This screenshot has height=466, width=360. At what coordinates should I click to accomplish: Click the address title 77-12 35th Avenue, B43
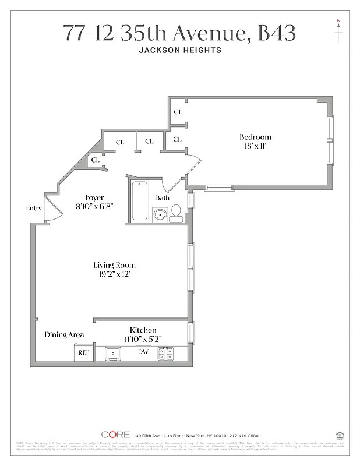[179, 34]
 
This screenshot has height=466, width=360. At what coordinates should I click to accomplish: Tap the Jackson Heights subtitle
[179, 51]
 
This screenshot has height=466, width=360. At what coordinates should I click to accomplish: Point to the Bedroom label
[255, 137]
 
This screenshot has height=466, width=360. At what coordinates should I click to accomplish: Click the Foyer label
[94, 197]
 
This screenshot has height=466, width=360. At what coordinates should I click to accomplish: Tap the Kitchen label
[143, 330]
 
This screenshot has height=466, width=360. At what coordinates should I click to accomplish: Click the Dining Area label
[64, 335]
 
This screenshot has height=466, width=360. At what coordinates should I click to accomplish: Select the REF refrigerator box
[84, 353]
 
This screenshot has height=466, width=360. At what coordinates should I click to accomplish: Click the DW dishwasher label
[143, 352]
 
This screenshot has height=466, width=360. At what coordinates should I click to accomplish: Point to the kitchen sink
[112, 353]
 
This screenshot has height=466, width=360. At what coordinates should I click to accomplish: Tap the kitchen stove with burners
[166, 353]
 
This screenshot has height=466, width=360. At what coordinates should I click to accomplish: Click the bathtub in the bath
[139, 202]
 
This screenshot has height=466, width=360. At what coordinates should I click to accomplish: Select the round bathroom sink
[160, 215]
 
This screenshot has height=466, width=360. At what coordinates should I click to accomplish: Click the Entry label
[33, 208]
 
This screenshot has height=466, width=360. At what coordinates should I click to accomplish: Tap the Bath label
[162, 198]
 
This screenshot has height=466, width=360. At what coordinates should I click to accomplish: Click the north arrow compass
[338, 29]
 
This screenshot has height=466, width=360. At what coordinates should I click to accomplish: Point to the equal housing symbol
[339, 435]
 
